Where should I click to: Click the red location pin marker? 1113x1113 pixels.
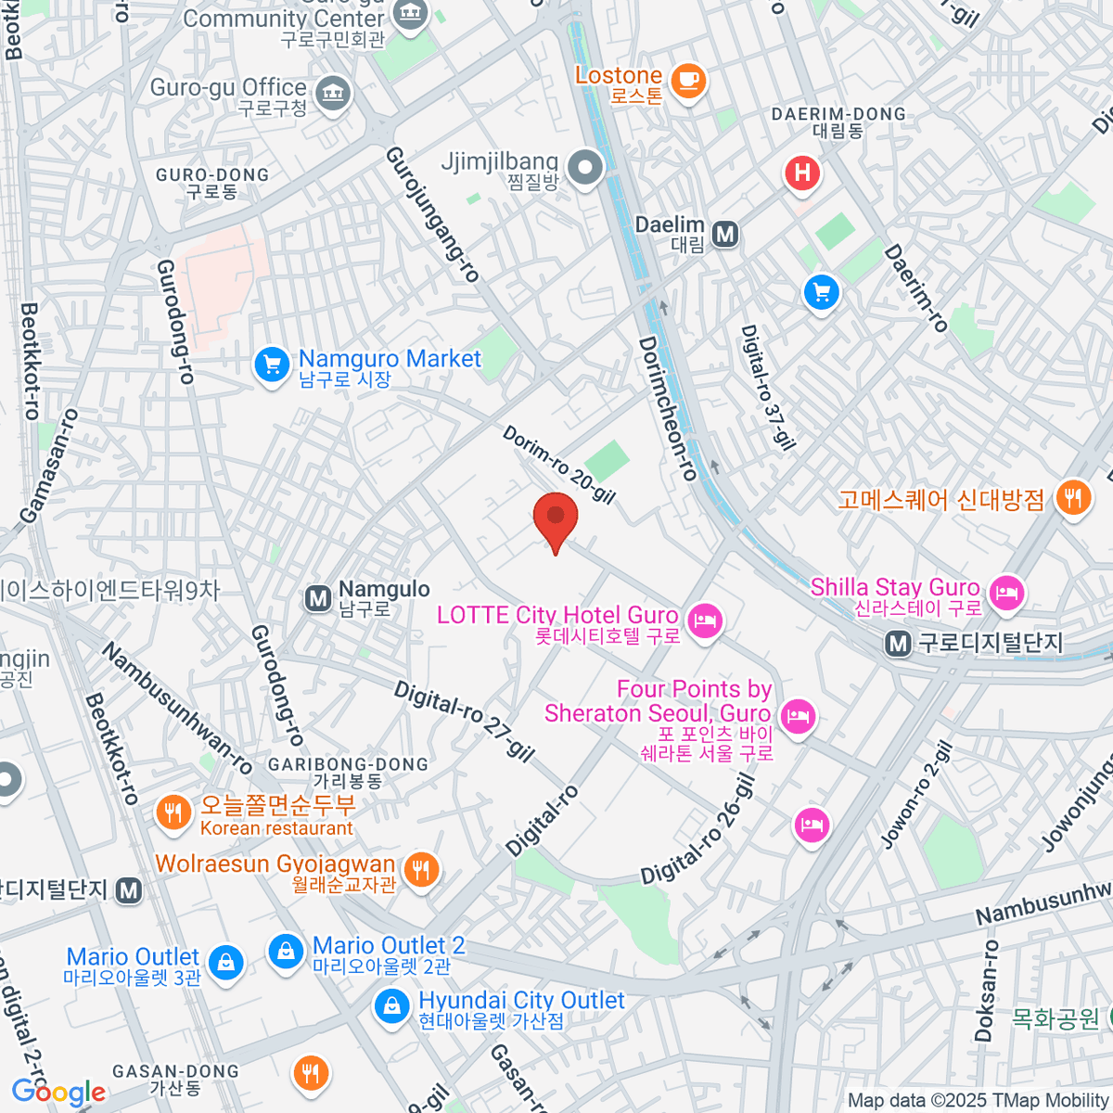tap(556, 519)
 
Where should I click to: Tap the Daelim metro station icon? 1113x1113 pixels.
tap(725, 235)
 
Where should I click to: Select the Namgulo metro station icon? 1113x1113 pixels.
tap(318, 598)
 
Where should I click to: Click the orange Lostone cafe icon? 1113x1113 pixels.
tap(687, 80)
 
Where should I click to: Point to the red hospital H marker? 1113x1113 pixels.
tap(802, 173)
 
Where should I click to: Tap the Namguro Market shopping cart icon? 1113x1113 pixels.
tap(272, 365)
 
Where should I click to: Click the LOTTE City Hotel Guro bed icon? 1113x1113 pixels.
tap(706, 620)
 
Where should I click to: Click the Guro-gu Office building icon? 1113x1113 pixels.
tap(332, 93)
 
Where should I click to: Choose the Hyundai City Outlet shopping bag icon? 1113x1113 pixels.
tap(392, 1005)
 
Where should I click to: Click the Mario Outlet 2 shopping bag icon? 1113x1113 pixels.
tap(286, 951)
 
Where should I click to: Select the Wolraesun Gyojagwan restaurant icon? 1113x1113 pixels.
tap(422, 870)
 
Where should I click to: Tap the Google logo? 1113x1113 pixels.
tap(58, 1092)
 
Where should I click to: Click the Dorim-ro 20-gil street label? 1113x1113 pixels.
tap(559, 465)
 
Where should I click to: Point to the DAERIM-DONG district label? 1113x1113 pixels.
tap(838, 122)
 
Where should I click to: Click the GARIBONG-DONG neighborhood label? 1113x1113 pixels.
tap(348, 773)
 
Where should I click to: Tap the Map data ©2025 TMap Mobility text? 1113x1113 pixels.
tap(978, 1100)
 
